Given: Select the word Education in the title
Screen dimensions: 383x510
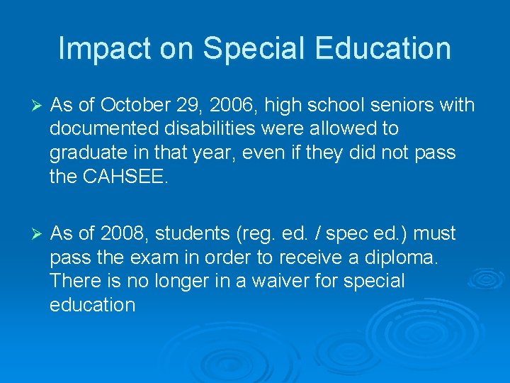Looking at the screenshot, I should point(380,48).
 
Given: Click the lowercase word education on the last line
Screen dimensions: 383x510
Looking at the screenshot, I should point(92,305).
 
